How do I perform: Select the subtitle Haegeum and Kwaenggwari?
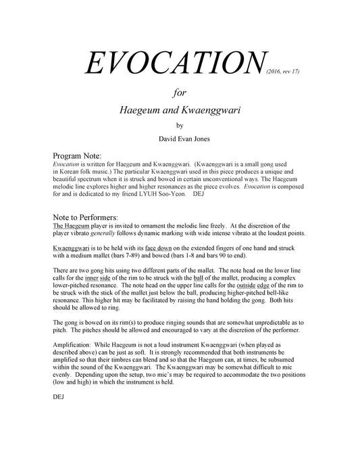[179, 109]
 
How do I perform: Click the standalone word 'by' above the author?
[179, 125]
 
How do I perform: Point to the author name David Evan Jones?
[179, 140]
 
